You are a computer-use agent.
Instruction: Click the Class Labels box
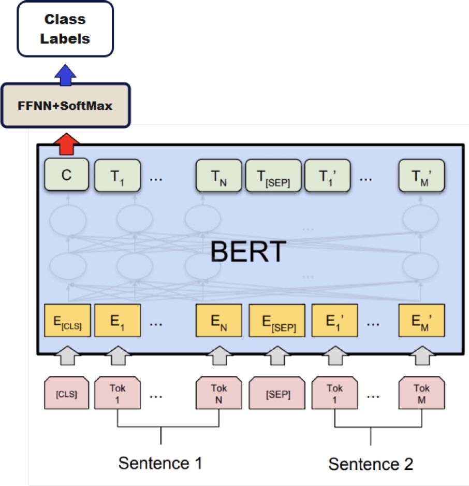coord(65,28)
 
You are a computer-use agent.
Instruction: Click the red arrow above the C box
coord(66,144)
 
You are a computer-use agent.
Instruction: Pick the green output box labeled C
coord(66,176)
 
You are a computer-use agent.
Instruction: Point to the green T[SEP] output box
coord(273,176)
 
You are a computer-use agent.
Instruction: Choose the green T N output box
coord(218,176)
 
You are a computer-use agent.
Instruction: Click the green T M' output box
coord(422,176)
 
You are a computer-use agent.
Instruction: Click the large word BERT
coord(248,252)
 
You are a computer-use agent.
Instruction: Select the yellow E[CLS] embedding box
coord(67,321)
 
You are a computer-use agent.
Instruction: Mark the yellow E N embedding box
coord(218,321)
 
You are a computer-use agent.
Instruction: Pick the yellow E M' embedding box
coord(421,321)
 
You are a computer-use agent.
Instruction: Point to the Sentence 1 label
coord(160,463)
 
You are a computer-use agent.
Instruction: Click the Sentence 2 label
coord(371,464)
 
